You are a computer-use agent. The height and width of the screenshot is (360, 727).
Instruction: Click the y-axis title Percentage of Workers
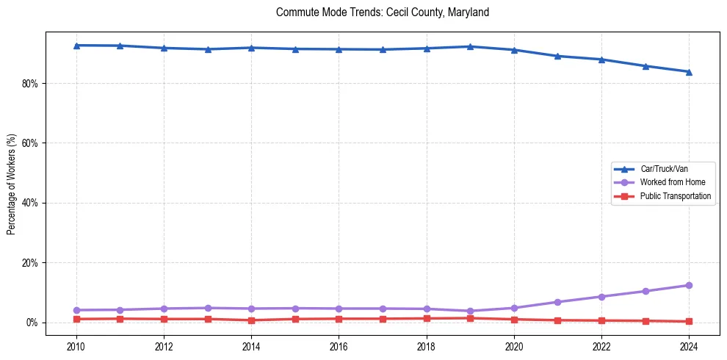pyautogui.click(x=12, y=184)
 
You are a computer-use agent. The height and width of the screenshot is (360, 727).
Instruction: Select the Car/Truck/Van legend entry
pyautogui.click(x=664, y=169)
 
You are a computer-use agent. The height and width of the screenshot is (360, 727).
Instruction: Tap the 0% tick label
pyautogui.click(x=32, y=323)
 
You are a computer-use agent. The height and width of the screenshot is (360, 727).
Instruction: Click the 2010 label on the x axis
pyautogui.click(x=76, y=345)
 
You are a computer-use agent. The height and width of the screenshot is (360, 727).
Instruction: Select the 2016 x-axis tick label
pyautogui.click(x=339, y=345)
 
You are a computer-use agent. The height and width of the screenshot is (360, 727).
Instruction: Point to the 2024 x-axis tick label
pyautogui.click(x=689, y=345)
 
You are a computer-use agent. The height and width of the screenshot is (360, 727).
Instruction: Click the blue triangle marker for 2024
pyautogui.click(x=689, y=72)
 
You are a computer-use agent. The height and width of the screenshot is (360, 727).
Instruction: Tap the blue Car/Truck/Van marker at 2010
pyautogui.click(x=76, y=46)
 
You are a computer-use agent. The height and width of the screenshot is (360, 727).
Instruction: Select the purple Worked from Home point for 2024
pyautogui.click(x=689, y=285)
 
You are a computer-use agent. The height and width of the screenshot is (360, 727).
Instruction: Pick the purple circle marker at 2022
pyautogui.click(x=601, y=297)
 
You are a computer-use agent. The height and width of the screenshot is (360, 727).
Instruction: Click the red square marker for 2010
pyautogui.click(x=76, y=319)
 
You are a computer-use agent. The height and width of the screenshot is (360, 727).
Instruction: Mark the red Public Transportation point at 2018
pyautogui.click(x=427, y=318)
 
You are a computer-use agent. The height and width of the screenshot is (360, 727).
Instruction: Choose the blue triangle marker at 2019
pyautogui.click(x=470, y=46)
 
